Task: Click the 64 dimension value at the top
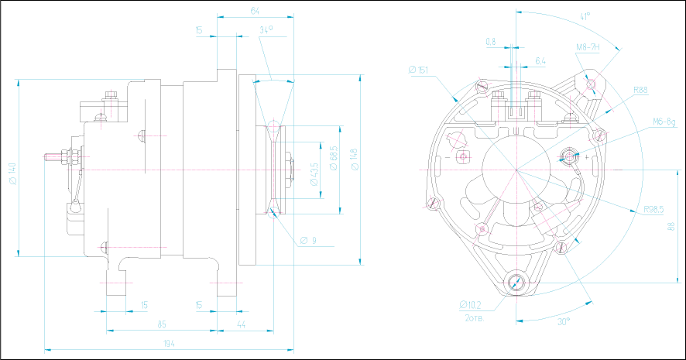[256, 10]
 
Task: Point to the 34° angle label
[266, 30]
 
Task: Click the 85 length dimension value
[162, 324]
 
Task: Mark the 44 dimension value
[242, 324]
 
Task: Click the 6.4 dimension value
[540, 60]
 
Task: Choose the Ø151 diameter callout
[419, 70]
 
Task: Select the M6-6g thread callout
[664, 122]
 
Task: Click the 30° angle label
[563, 321]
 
